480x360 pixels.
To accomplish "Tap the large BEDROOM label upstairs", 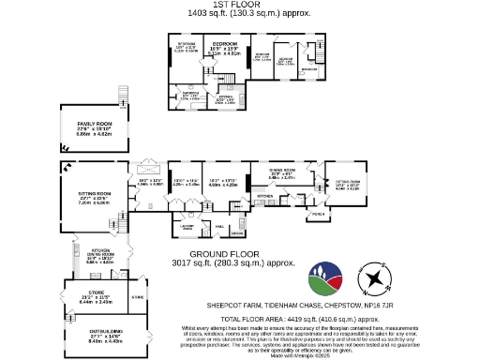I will [x=224, y=44].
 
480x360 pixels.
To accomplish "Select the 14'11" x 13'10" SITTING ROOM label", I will [x=348, y=183].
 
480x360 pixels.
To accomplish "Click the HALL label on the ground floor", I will [x=218, y=225].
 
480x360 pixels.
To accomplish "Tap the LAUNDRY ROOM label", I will [x=187, y=227].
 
